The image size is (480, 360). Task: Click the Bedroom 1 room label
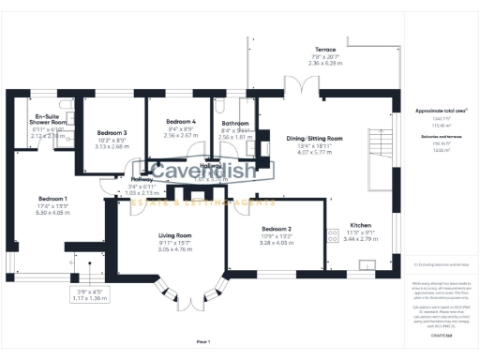coord(52,199)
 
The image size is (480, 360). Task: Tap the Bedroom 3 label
coord(112,133)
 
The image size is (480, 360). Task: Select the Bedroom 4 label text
coord(181,123)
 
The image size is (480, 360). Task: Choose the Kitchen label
coord(361,226)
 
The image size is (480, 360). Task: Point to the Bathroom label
coord(234,124)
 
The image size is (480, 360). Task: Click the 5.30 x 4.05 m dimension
coord(52,213)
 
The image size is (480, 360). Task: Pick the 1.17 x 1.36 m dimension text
coord(91,298)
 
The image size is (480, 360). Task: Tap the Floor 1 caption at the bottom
coord(203,342)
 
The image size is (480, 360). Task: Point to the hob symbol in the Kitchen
coord(331,233)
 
